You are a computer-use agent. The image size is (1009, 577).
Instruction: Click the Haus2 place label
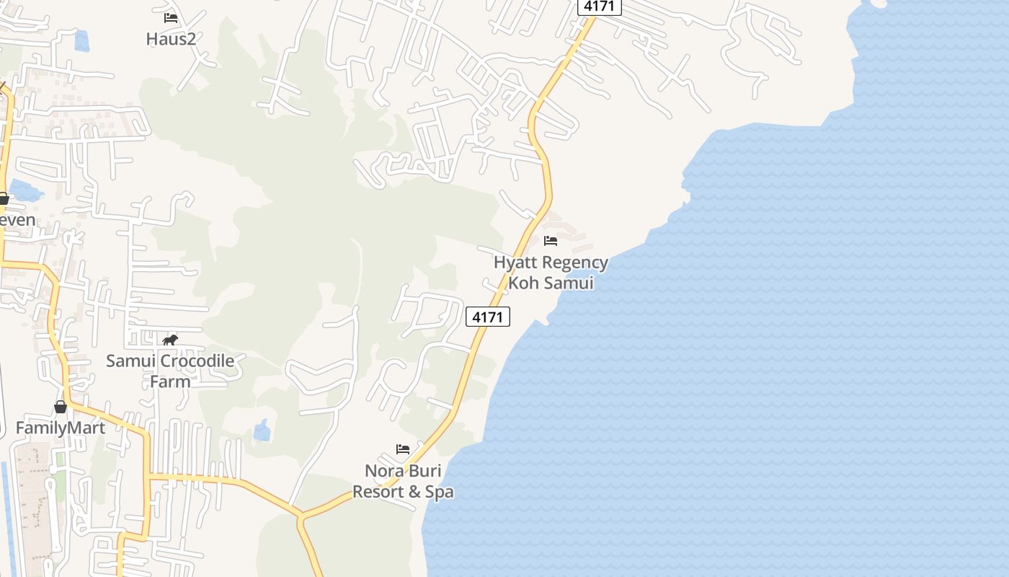click(171, 39)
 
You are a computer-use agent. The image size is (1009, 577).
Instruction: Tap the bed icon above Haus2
click(171, 18)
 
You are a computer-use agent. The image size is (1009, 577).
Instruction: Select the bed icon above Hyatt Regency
click(551, 241)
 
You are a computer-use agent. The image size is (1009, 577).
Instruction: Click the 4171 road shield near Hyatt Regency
click(488, 317)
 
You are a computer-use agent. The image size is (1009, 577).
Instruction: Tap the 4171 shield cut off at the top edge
click(599, 6)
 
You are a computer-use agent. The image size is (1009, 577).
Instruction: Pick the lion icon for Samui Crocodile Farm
click(170, 340)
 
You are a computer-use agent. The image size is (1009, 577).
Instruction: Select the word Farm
click(170, 382)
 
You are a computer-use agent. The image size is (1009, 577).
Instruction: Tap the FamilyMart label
click(61, 428)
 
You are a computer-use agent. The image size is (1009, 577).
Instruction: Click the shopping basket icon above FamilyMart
click(61, 408)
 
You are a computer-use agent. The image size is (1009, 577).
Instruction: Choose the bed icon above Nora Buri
click(403, 449)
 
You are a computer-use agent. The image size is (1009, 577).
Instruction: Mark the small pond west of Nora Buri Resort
click(262, 431)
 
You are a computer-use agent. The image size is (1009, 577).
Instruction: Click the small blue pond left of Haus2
click(81, 40)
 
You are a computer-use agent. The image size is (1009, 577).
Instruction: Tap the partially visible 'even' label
click(17, 219)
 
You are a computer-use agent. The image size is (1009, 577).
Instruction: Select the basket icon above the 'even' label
click(4, 198)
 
